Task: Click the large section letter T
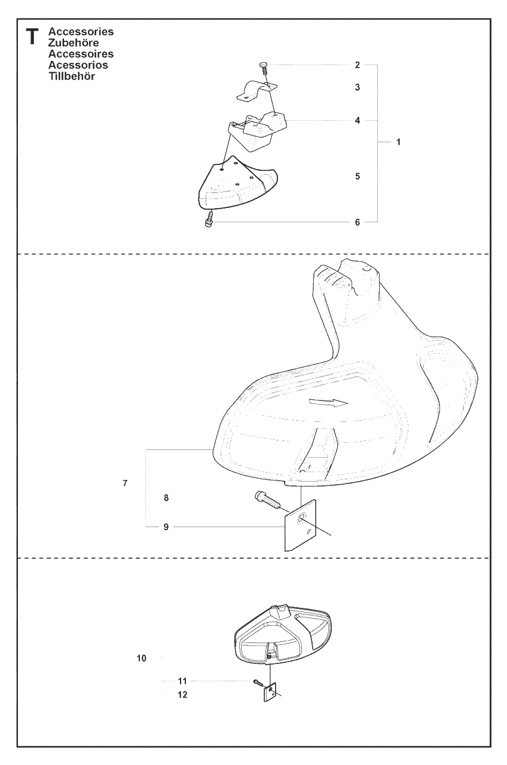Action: pos(32,37)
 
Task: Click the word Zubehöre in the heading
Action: pos(74,42)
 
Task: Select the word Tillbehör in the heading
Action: pos(72,76)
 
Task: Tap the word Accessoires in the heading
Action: pos(81,54)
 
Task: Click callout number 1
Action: pos(398,142)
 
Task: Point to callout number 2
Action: pos(358,65)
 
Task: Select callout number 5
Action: pos(358,176)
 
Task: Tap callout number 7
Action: pos(125,483)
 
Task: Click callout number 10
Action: pos(142,658)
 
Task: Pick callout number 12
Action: pos(182,694)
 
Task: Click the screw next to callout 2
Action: pos(264,68)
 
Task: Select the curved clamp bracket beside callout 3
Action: pos(257,90)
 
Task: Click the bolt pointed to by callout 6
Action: pos(209,219)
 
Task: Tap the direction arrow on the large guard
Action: pos(328,402)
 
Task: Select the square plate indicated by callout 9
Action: pos(301,525)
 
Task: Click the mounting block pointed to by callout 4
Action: pos(257,131)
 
